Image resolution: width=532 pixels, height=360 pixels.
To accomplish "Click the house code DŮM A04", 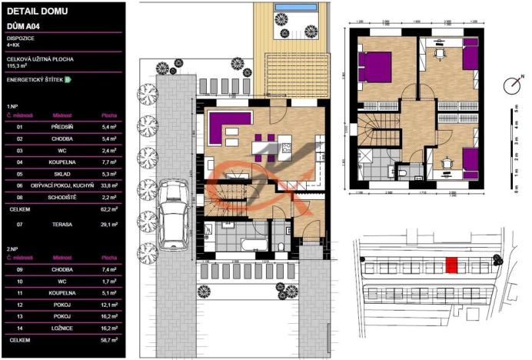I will point(23,25).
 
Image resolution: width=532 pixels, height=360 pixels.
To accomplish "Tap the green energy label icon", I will point(68,79).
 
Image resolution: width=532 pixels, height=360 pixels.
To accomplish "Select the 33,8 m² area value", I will point(108,185).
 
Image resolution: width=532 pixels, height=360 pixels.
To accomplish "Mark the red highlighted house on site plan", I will point(453,265).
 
